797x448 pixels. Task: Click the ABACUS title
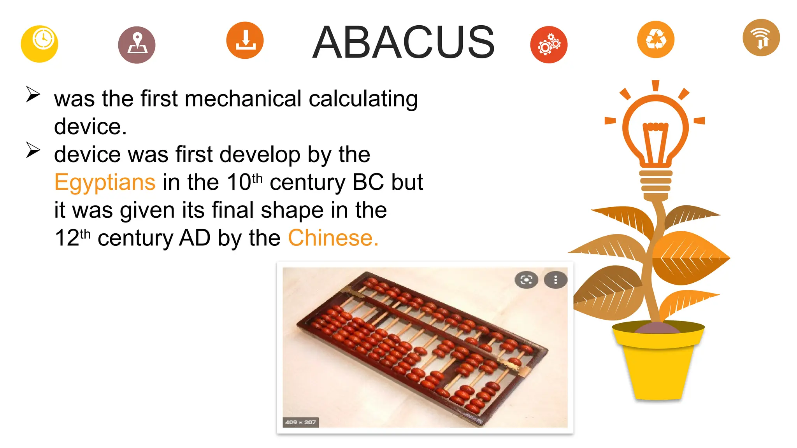403,42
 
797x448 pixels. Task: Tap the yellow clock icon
39,44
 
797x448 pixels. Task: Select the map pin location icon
137,45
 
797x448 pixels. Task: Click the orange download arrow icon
245,40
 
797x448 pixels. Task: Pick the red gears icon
548,45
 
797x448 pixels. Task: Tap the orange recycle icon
655,39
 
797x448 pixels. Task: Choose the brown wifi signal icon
761,38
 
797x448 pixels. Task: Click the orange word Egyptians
105,182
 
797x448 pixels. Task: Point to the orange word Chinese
333,238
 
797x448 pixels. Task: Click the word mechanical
243,98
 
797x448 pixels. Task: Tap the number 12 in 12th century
67,238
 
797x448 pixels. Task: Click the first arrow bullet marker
33,94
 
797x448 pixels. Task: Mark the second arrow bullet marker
33,150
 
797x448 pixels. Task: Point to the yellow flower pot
658,362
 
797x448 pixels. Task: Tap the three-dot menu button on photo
555,280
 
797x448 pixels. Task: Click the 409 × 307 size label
300,422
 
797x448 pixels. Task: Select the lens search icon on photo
526,280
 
